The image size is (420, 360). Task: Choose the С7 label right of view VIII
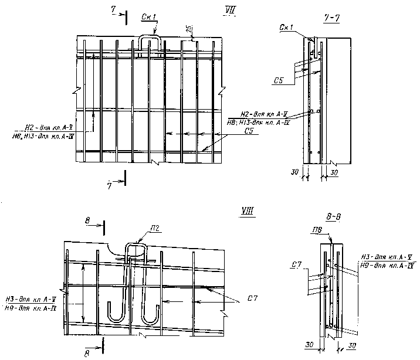(252, 300)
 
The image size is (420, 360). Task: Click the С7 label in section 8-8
(296, 266)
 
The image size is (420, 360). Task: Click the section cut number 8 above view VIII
(87, 220)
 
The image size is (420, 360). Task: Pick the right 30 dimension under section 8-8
(352, 347)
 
